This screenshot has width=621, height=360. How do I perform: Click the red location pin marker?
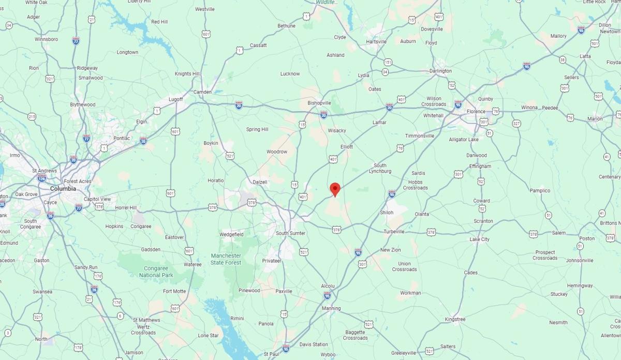tap(335, 189)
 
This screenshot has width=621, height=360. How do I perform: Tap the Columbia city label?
tap(63, 189)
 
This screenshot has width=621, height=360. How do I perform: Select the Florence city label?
tap(476, 111)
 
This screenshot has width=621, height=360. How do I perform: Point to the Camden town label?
tap(202, 92)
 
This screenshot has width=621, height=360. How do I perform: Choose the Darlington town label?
tap(440, 71)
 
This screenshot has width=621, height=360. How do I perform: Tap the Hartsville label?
tap(376, 41)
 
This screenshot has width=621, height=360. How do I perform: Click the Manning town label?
tap(331, 308)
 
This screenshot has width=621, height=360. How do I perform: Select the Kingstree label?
tap(455, 319)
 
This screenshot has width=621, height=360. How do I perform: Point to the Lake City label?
tap(479, 239)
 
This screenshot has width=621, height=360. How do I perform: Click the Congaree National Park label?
tap(156, 272)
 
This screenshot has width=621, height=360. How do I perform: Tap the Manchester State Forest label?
tap(226, 259)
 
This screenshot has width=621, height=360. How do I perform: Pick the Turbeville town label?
tap(394, 231)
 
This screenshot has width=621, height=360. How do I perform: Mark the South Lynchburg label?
tap(380, 168)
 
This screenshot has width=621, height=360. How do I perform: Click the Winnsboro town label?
tap(46, 39)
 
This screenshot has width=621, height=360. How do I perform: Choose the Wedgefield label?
tap(231, 234)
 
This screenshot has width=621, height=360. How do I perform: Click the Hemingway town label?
tap(580, 286)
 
